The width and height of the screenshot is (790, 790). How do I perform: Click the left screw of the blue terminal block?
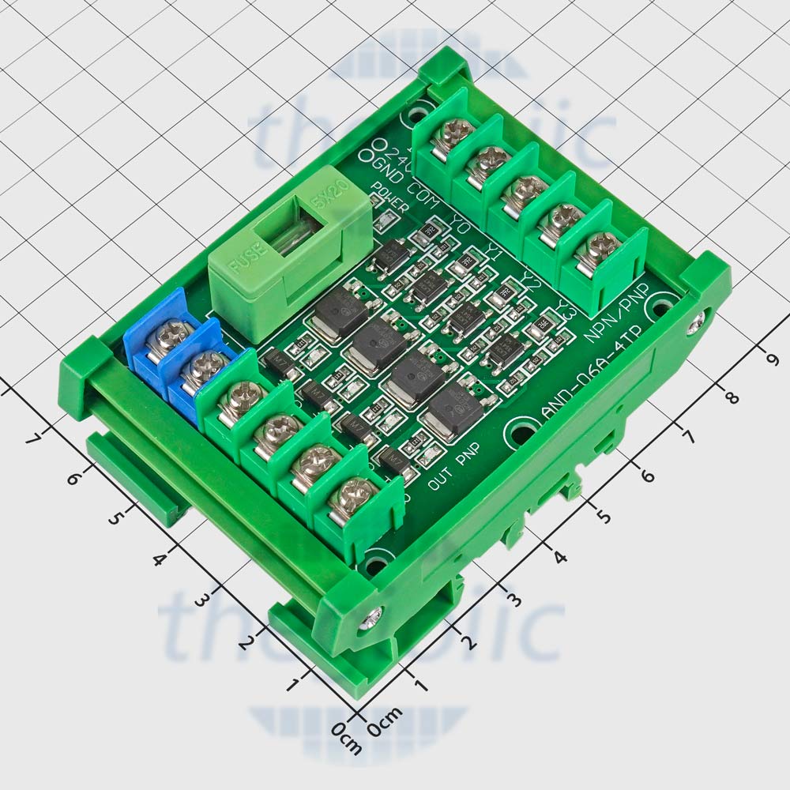click(168, 338)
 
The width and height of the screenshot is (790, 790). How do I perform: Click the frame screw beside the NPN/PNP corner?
click(698, 320)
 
